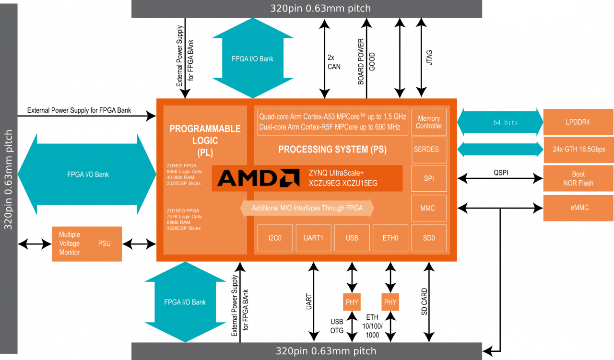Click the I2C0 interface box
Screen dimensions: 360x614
275,238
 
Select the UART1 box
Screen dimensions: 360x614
313,238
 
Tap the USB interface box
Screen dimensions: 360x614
352,238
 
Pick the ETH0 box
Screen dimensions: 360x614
390,238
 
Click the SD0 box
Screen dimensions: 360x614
429,238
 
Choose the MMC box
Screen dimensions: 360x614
429,208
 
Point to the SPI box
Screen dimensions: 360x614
429,178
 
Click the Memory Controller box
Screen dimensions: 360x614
429,122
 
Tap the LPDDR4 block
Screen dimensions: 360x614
578,122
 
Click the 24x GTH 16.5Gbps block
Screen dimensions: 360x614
578,149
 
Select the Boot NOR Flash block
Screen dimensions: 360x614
578,179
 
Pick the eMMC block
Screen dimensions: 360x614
578,208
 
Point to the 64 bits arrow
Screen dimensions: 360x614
500,122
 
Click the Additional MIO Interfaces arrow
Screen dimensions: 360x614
307,208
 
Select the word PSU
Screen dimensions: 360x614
105,244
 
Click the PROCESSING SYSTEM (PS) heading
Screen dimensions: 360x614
332,150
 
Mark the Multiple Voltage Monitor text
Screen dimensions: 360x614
70,244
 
